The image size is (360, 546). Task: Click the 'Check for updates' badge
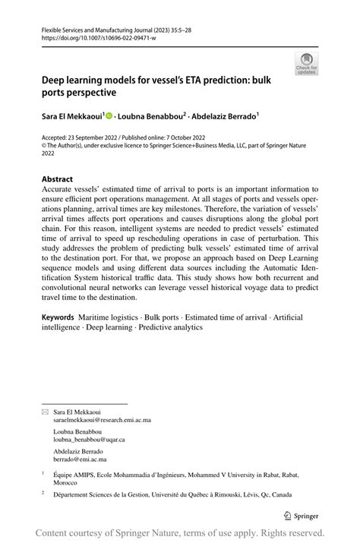click(x=307, y=63)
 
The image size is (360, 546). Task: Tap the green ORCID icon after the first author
click(x=110, y=116)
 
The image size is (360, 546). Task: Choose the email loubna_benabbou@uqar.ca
click(x=89, y=439)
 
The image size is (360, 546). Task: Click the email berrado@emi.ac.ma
click(x=80, y=459)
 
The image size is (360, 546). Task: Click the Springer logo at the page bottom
click(x=302, y=515)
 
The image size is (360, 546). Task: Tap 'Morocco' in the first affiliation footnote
click(x=66, y=483)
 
